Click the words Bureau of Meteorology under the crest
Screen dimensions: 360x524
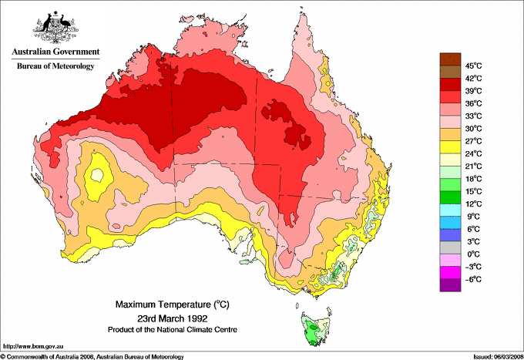coord(55,66)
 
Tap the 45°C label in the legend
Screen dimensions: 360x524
coord(473,66)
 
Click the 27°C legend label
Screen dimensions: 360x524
coord(473,141)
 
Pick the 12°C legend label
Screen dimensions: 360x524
coord(473,204)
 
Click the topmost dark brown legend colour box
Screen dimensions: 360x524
coord(449,59)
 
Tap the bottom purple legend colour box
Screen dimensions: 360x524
coord(449,285)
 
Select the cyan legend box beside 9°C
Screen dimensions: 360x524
coord(449,210)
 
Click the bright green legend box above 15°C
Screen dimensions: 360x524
coord(449,184)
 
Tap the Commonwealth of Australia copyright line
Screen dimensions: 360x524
coord(92,356)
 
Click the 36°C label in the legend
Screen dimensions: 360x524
coord(473,103)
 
